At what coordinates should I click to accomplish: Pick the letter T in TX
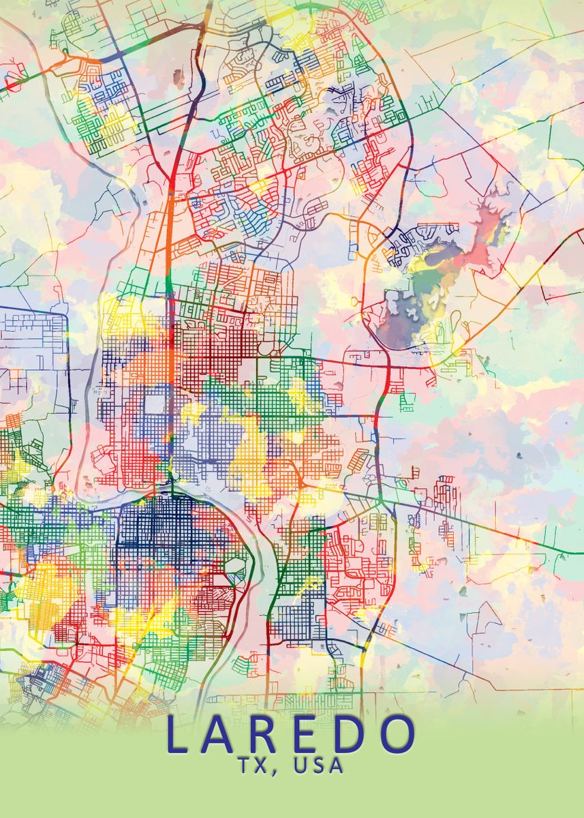click(247, 766)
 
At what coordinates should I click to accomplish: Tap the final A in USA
click(338, 766)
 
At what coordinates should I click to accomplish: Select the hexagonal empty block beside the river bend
click(234, 565)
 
